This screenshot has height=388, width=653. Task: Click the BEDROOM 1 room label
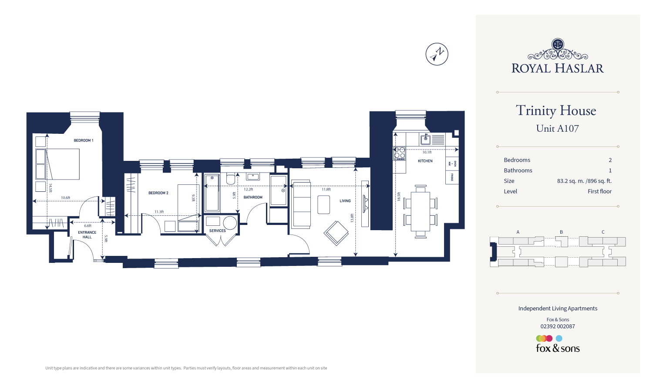[x=84, y=140]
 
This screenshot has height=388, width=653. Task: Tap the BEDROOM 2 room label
[x=158, y=193]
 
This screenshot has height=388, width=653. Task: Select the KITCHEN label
[x=425, y=161]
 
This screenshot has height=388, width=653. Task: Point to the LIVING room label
[x=345, y=201]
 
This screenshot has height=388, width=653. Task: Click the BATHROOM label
[x=253, y=197]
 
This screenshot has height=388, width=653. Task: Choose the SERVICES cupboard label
[x=217, y=231]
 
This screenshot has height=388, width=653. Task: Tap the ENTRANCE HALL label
[x=87, y=235]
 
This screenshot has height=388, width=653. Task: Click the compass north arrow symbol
[x=437, y=54]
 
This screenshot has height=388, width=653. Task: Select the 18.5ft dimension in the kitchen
[x=398, y=197]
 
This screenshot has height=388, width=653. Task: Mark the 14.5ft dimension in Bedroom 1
[x=50, y=187]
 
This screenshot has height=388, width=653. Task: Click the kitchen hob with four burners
[x=400, y=153]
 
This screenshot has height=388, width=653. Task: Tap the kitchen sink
[x=425, y=140]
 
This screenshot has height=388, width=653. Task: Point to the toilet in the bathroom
[x=231, y=179]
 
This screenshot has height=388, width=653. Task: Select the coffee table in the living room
[x=323, y=204]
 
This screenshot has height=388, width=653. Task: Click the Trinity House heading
[x=556, y=111]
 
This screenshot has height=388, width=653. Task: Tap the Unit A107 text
[x=557, y=129]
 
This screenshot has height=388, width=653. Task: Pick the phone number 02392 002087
[x=558, y=326]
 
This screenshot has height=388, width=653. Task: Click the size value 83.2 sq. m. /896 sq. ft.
[x=584, y=181]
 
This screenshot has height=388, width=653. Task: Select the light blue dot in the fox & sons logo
[x=559, y=338]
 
